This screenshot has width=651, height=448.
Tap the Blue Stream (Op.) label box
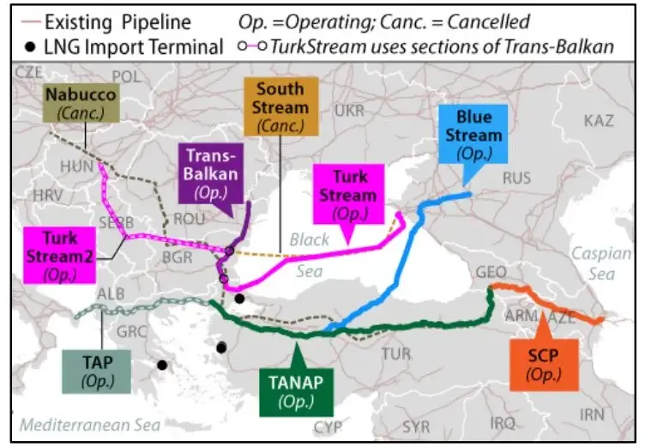tap(479, 136)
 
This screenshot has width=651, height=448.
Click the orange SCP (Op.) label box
tap(537, 361)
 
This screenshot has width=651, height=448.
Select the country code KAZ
tap(598, 120)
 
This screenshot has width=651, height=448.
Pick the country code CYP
tap(328, 427)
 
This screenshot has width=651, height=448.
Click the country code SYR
tap(416, 427)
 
